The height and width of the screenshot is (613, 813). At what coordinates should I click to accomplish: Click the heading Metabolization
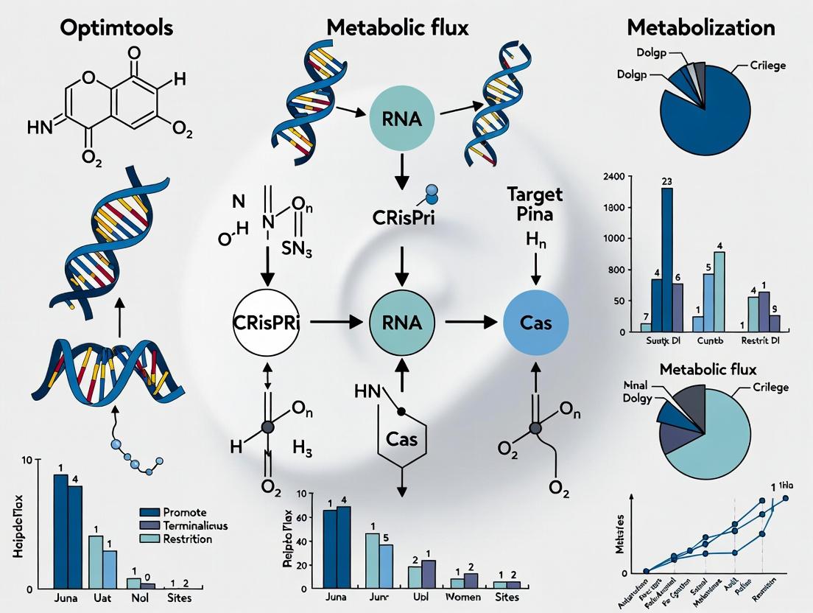pos(700,28)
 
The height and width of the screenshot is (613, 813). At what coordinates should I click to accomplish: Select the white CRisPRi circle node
pos(266,322)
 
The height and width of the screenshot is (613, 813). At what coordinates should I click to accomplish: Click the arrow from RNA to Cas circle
pos(469,322)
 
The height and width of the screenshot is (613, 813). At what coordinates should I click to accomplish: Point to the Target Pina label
pos(535,203)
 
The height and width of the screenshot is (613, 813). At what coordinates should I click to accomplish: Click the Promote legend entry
pos(184,512)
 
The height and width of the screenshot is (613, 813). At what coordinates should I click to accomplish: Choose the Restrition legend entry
pos(187,539)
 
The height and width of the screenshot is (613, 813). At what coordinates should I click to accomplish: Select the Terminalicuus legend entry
pos(194,525)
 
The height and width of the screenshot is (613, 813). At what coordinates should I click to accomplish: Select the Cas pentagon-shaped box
pos(402,440)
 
